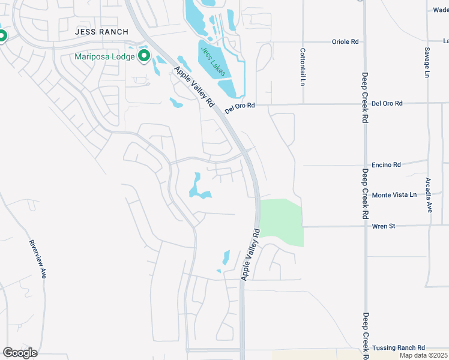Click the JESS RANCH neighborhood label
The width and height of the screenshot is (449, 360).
(x=102, y=32)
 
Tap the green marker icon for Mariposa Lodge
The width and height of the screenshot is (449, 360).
(x=144, y=57)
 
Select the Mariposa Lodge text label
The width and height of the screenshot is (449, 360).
(x=104, y=57)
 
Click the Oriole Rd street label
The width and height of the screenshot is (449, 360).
(x=345, y=42)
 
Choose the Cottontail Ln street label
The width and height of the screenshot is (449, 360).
(x=303, y=66)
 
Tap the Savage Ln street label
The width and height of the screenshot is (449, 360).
(x=427, y=62)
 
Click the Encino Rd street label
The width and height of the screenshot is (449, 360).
(x=386, y=164)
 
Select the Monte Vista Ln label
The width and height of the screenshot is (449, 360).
(x=394, y=195)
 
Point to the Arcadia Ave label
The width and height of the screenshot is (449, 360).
(x=429, y=196)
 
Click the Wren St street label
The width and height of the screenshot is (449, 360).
(x=383, y=226)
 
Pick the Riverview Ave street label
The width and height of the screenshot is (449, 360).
(x=37, y=259)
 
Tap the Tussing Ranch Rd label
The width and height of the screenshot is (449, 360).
(x=398, y=348)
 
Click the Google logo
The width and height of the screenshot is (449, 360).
(x=20, y=353)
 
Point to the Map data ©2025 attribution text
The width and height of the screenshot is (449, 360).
(x=424, y=356)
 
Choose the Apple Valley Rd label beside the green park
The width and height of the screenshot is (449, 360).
(x=250, y=254)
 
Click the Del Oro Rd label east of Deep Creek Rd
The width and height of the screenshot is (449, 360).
(x=387, y=104)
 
